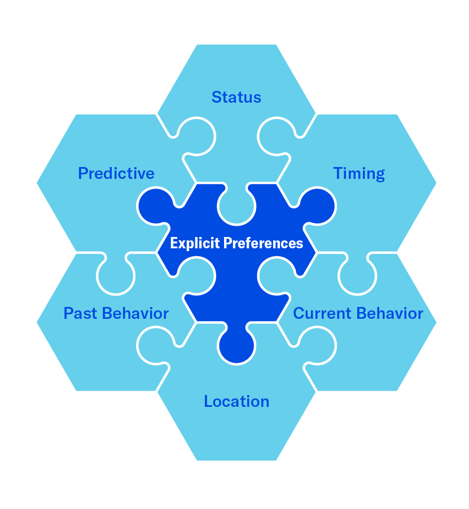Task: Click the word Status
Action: point(236,97)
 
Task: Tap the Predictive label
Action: point(116,173)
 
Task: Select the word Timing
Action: point(359,173)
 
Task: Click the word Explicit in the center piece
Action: point(194,243)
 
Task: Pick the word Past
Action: point(79,313)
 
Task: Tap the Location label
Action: point(236,401)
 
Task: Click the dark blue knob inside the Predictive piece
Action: point(156,206)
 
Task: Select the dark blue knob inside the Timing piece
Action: point(317,206)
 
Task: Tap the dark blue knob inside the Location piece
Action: point(236,345)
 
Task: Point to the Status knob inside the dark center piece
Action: point(236,205)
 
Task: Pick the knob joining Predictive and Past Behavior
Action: point(116,275)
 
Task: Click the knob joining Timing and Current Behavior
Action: point(357,275)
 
